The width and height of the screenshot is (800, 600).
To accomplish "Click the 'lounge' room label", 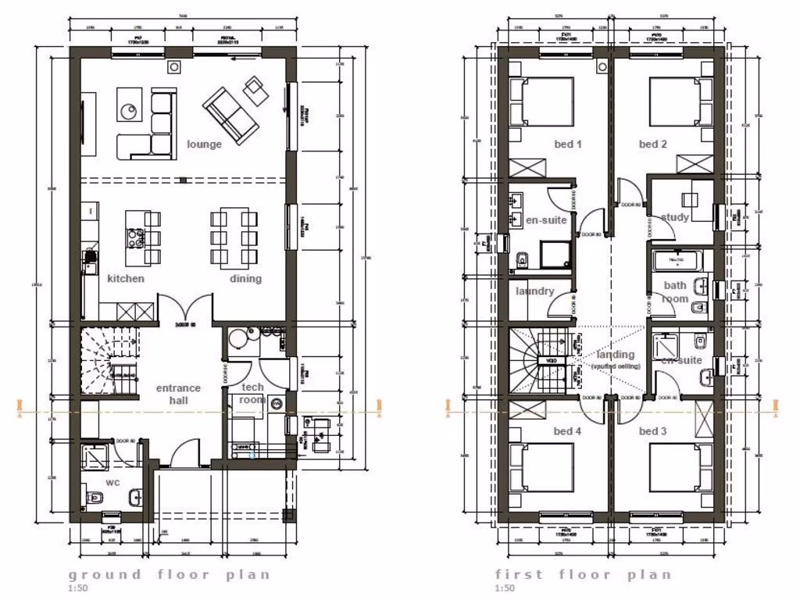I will point(204,145).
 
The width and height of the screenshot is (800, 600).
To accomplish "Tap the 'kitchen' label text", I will point(126,278).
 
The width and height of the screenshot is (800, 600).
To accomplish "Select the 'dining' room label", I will point(245,278).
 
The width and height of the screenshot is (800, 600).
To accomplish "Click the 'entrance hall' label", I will point(178,395).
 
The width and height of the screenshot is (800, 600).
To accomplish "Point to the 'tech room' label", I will point(252,393).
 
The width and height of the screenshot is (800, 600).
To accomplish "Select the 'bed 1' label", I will point(568,145).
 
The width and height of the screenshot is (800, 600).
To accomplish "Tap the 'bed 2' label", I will point(652,145).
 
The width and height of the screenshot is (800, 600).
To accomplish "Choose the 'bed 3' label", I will point(652,431).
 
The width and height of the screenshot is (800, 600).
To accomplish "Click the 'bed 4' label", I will point(568,431).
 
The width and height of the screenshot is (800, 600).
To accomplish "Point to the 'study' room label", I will point(675,218).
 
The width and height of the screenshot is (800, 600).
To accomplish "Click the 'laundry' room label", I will point(534,291).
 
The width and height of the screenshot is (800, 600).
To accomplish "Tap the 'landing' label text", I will point(616,355).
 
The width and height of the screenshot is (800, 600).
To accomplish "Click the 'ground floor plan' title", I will point(169,575).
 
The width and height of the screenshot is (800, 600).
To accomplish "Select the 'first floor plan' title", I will point(583,575).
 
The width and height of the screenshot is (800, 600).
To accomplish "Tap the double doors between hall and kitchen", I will point(185,307).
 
